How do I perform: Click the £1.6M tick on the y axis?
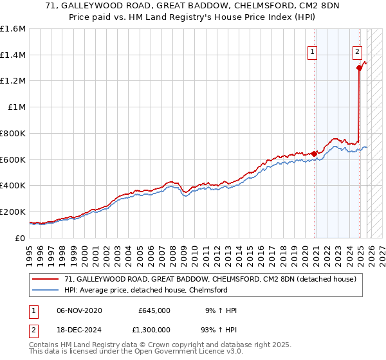(13, 29)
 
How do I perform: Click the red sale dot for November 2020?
(314, 154)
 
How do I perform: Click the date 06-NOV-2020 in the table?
(79, 310)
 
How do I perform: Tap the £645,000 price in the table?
(154, 310)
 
